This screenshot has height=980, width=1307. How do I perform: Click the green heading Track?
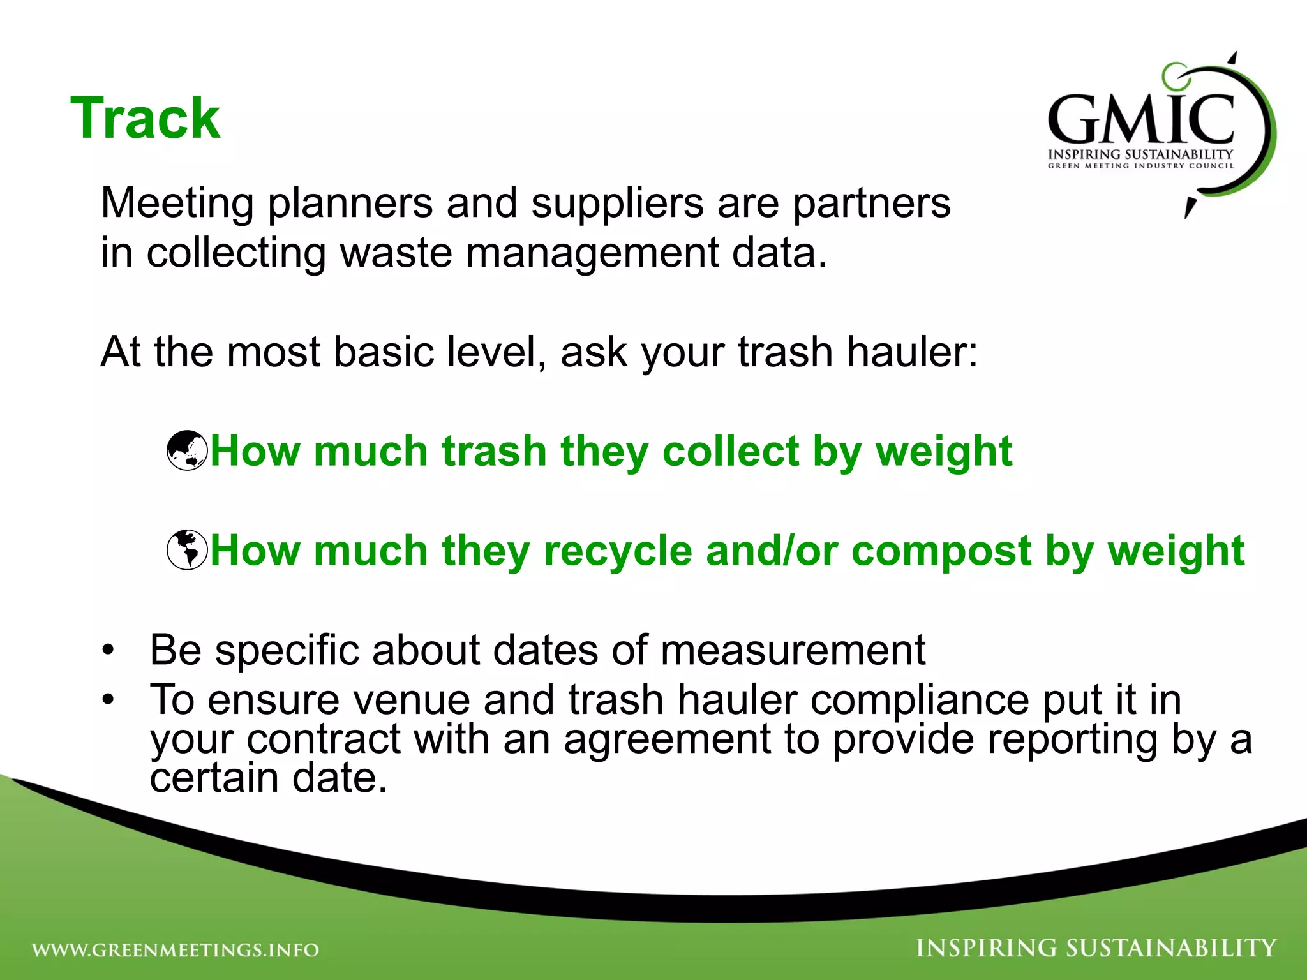[146, 119]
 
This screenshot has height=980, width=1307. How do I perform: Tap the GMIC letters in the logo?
[1141, 119]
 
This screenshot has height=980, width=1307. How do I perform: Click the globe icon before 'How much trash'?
[187, 451]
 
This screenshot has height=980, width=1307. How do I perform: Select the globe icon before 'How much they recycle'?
[187, 550]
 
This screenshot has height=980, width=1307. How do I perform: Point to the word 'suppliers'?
[617, 203]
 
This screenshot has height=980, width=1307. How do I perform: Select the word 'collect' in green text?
[731, 451]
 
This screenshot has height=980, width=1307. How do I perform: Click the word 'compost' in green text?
[941, 550]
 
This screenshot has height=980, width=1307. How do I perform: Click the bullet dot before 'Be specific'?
[108, 651]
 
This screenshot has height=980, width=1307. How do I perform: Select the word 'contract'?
[324, 739]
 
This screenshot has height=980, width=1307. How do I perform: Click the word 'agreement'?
[668, 739]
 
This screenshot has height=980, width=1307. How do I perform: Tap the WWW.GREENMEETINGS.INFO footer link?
[176, 950]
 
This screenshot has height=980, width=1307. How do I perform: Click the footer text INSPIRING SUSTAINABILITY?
[1096, 948]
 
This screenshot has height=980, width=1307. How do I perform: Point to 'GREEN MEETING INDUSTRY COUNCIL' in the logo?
[1140, 166]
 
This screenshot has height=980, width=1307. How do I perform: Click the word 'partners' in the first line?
[872, 203]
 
